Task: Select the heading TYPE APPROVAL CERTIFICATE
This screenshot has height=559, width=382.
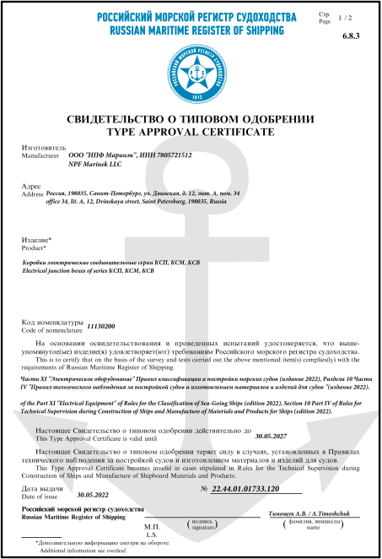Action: (191, 133)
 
